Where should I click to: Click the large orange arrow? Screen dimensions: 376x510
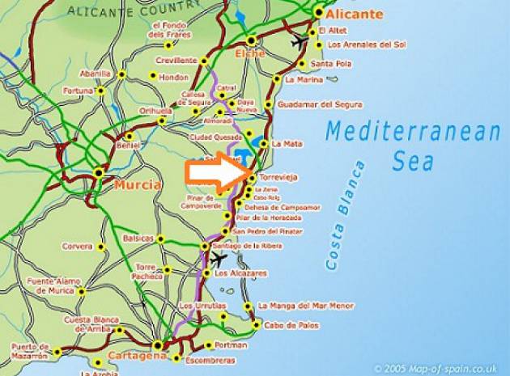217,173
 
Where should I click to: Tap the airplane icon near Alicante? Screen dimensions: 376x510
300,40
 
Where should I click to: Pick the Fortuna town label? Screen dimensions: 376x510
78,91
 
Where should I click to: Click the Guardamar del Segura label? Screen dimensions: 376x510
319,104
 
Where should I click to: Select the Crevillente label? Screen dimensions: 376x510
176,61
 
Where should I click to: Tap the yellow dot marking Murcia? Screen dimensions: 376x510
99,172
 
